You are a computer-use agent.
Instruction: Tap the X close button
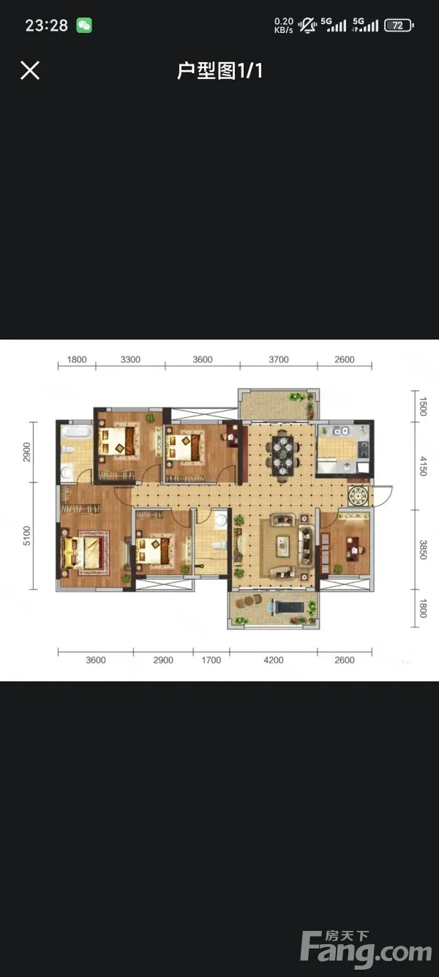pos(30,70)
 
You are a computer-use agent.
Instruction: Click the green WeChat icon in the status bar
pos(84,26)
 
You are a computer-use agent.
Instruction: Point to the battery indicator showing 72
pos(399,26)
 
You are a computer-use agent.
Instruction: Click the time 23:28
pos(47,26)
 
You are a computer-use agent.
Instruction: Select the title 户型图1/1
pos(219,71)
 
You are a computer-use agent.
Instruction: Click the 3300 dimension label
pos(130,359)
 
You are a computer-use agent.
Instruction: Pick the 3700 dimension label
pos(279,359)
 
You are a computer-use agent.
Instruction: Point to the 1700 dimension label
pos(211,660)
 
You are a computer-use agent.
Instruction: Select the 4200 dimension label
pos(274,660)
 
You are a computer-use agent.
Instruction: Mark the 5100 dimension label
pos(27,536)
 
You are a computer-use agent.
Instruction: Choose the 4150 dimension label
pos(423,466)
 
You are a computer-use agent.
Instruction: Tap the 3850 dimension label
pos(423,550)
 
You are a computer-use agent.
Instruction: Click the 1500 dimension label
pos(423,406)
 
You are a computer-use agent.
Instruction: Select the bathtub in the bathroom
pos(77,432)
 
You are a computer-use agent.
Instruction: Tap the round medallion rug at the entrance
pos(359,495)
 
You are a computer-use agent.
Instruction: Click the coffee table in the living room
pos(283,546)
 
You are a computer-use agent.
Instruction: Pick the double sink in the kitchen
pos(340,431)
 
